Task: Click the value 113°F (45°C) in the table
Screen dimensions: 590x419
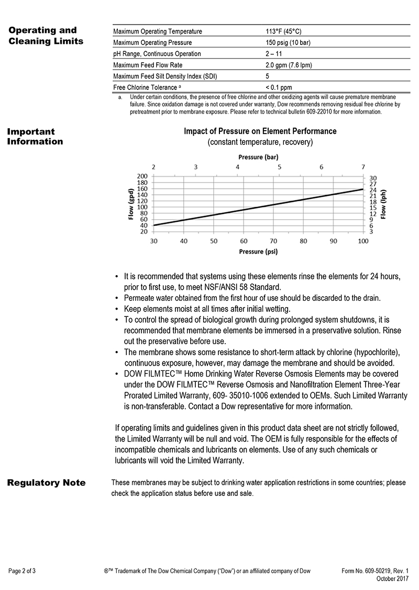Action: pyautogui.click(x=286, y=31)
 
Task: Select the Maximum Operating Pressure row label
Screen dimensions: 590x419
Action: pyautogui.click(x=152, y=42)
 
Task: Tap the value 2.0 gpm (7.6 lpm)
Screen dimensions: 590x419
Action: pyautogui.click(x=290, y=65)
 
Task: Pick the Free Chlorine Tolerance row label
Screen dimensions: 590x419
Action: pyautogui.click(x=146, y=88)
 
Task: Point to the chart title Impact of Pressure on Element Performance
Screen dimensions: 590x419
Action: pyautogui.click(x=260, y=131)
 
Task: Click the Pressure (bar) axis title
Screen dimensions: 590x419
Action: pyautogui.click(x=258, y=157)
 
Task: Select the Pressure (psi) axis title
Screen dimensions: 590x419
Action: pyautogui.click(x=258, y=252)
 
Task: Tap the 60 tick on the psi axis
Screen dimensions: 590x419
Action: pyautogui.click(x=244, y=241)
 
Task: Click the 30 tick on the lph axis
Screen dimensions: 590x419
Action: pyautogui.click(x=373, y=178)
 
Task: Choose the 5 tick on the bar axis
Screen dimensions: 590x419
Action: pyautogui.click(x=280, y=166)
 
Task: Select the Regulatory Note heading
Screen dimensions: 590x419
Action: pyautogui.click(x=46, y=483)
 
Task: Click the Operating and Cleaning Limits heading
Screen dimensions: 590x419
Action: pyautogui.click(x=45, y=36)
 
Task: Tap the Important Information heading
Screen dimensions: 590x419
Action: pyautogui.click(x=35, y=137)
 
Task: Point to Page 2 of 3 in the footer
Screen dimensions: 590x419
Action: pyautogui.click(x=23, y=571)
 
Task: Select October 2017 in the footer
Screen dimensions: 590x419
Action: pyautogui.click(x=392, y=578)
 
